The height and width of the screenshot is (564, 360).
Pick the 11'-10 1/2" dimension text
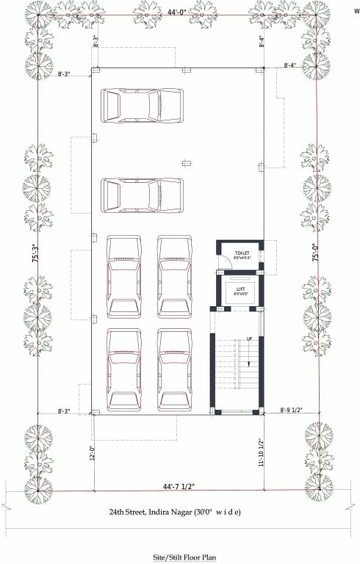(x=262, y=453)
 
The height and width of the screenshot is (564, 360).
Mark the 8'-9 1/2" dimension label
(x=293, y=411)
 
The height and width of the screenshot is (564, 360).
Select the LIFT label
(x=241, y=289)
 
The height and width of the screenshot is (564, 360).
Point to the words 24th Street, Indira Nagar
(x=154, y=511)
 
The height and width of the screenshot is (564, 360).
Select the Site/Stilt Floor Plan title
(x=181, y=557)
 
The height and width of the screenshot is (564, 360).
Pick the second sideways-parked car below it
(x=142, y=195)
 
